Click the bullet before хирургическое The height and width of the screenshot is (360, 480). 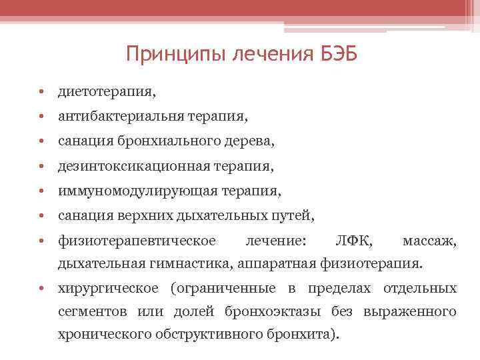(x=41, y=288)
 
